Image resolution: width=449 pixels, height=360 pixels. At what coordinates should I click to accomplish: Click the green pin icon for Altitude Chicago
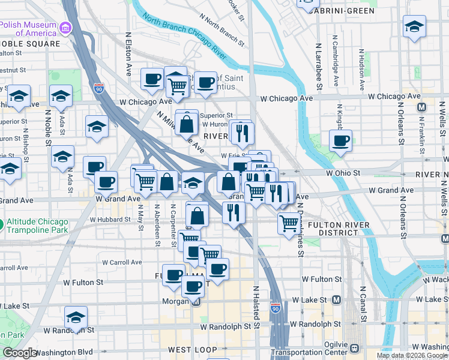[1, 225]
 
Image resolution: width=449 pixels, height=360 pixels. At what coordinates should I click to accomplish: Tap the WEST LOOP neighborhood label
[192, 349]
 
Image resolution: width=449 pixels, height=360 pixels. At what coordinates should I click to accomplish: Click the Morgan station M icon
[196, 302]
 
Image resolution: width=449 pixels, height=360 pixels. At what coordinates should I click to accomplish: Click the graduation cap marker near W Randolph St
[76, 317]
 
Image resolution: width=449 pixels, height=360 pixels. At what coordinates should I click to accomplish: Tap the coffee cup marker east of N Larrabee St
[341, 141]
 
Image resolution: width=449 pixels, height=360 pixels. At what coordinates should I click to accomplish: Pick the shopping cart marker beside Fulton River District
[289, 223]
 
